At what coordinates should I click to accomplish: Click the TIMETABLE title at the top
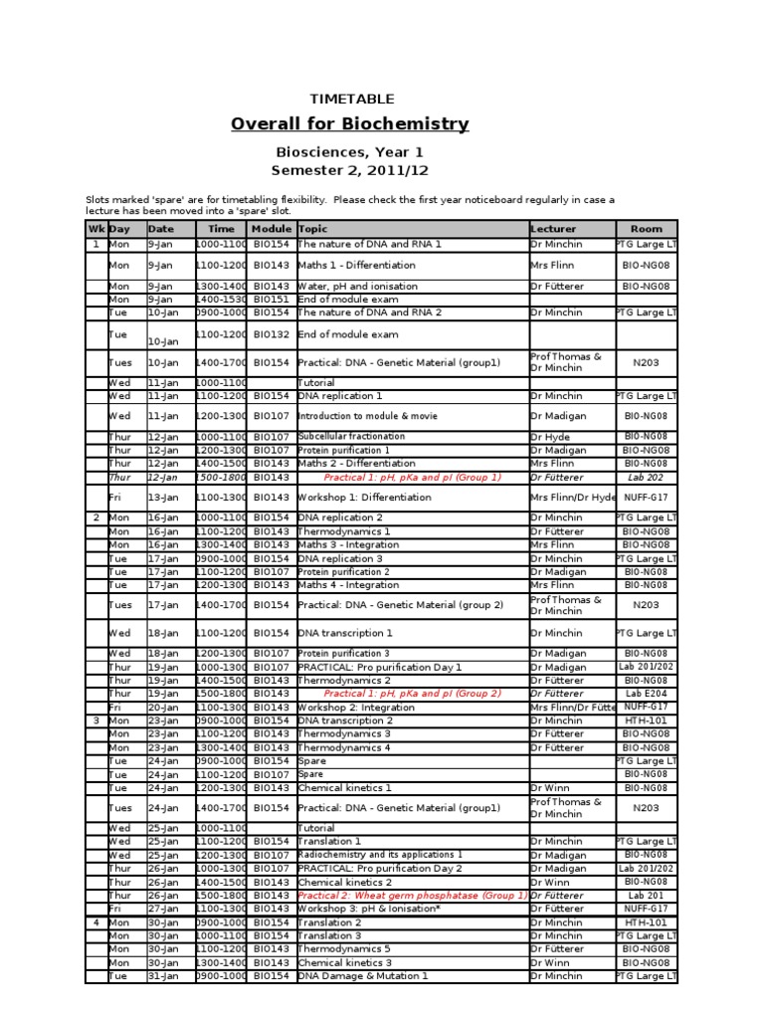[352, 99]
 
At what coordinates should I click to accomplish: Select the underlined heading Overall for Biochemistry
[349, 124]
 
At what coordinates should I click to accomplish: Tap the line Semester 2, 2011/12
[349, 170]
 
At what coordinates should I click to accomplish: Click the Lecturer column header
[553, 229]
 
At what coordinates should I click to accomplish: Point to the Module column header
[272, 229]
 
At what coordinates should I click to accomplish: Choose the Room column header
[646, 229]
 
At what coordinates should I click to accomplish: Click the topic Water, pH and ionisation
[358, 287]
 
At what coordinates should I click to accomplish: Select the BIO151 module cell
[272, 299]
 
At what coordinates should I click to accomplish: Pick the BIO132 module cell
[272, 335]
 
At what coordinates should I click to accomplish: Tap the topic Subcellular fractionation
[352, 437]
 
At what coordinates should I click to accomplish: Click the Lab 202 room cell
[646, 477]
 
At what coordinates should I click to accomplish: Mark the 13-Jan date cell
[163, 497]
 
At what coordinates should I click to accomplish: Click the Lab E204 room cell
[646, 694]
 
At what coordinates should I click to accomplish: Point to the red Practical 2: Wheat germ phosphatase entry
[412, 896]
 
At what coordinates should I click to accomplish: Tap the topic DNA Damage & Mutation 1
[363, 976]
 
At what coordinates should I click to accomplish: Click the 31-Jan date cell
[163, 976]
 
